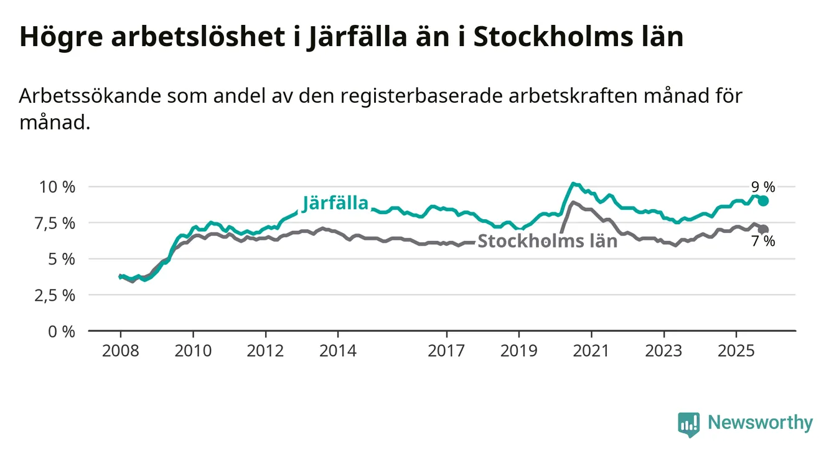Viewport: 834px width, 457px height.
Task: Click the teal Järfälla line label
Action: pyautogui.click(x=335, y=203)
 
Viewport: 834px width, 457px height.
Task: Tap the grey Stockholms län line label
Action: pyautogui.click(x=547, y=242)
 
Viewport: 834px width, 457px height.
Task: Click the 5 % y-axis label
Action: pyautogui.click(x=62, y=259)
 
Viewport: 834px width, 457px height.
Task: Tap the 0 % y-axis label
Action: pyautogui.click(x=62, y=331)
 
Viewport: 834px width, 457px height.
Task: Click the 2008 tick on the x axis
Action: pyautogui.click(x=120, y=351)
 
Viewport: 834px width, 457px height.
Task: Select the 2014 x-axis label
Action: pyautogui.click(x=338, y=351)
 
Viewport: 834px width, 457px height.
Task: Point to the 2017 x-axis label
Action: pyautogui.click(x=446, y=351)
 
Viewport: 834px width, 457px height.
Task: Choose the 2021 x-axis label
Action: pyautogui.click(x=591, y=351)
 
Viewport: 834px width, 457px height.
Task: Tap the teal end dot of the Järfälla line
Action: pyautogui.click(x=763, y=200)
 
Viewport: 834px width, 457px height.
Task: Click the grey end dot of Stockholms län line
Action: pyautogui.click(x=763, y=230)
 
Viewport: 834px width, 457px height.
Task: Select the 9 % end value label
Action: pyautogui.click(x=763, y=187)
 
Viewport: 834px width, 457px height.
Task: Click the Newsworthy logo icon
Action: pyautogui.click(x=688, y=424)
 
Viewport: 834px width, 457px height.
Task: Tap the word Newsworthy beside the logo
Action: pyautogui.click(x=760, y=423)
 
